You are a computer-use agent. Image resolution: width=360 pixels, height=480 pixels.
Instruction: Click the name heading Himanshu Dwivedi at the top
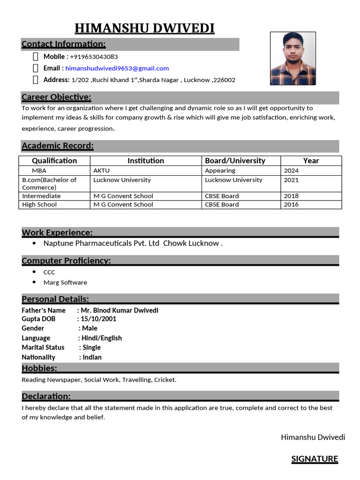[x=144, y=29]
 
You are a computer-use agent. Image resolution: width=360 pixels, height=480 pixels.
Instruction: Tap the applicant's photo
[x=292, y=58]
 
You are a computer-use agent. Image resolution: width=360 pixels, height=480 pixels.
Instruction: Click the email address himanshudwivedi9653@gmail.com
[x=117, y=68]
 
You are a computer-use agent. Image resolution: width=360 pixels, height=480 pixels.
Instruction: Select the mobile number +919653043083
[x=94, y=57]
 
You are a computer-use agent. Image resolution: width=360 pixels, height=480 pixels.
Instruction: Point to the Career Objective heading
[x=56, y=97]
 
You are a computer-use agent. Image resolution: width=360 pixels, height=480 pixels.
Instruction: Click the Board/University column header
[x=235, y=161]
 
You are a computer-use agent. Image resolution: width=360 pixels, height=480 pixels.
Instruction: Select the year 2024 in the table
[x=291, y=171]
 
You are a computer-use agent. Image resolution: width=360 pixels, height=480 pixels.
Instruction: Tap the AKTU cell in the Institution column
[x=101, y=171]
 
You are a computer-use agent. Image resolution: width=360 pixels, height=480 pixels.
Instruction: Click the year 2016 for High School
[x=291, y=204]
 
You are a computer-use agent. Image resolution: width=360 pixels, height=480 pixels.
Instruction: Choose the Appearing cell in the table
[x=220, y=171]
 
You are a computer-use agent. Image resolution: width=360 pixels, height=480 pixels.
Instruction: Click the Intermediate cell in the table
[x=41, y=196]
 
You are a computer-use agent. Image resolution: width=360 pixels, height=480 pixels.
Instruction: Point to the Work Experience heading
[x=57, y=232]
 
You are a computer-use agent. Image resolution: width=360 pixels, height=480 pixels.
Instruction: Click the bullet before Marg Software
[x=35, y=282]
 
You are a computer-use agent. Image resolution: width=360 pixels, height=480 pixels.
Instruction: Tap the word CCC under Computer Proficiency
[x=49, y=272]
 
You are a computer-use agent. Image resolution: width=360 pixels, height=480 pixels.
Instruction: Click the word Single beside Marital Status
[x=91, y=347]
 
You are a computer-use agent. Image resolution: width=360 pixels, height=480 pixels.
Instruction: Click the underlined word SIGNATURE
[x=315, y=459]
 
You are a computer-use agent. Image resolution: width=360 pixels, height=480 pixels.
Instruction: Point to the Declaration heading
[x=46, y=397]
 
